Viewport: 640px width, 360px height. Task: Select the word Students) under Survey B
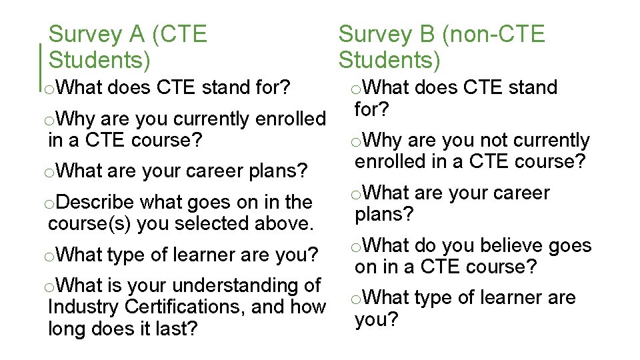(x=389, y=61)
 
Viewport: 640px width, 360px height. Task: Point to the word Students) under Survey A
(x=100, y=61)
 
